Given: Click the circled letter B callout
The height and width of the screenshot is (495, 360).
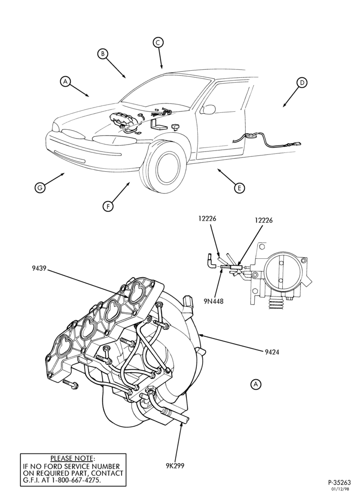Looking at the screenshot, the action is tap(102, 54).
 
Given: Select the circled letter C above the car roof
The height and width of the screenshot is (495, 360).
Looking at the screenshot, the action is tap(158, 42).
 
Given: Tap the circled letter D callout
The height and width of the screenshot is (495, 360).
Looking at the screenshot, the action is tap(302, 83).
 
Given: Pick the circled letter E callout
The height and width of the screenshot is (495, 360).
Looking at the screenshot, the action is tap(239, 188).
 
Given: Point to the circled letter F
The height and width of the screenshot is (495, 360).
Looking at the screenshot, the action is tap(108, 207).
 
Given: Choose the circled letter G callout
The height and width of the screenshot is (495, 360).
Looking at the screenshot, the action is tap(40, 188).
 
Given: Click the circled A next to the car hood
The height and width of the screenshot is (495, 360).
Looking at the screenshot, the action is tap(65, 81).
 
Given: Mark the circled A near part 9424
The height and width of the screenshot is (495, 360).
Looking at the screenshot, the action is tap(256, 384).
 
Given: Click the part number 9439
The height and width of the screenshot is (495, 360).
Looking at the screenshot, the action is tap(39, 269).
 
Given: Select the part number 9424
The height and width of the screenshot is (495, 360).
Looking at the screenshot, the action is tap(272, 351).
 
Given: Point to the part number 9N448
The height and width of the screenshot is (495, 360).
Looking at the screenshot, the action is tap(214, 301).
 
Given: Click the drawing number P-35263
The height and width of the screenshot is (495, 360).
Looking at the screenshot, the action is tap(339, 482).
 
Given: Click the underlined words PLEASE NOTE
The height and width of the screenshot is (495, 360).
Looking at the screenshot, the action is tap(72, 458).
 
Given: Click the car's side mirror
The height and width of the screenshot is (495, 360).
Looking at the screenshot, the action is tap(209, 109).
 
